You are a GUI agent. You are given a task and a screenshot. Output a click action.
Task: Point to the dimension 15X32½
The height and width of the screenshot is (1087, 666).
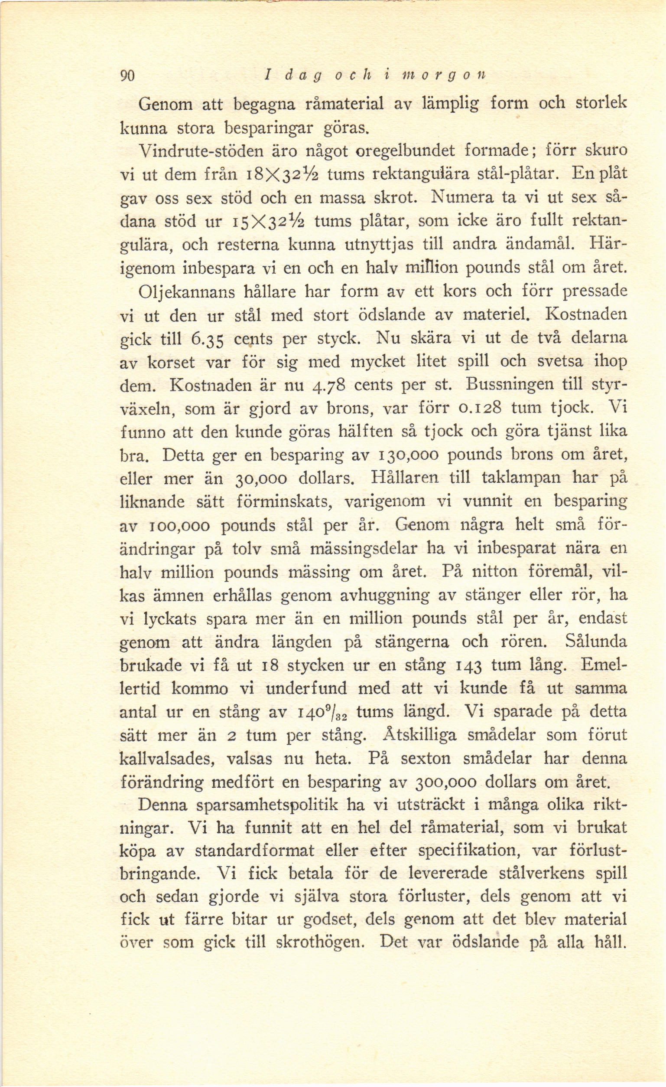click(270, 221)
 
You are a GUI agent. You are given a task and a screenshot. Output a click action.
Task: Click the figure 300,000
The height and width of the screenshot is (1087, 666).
click(445, 783)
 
